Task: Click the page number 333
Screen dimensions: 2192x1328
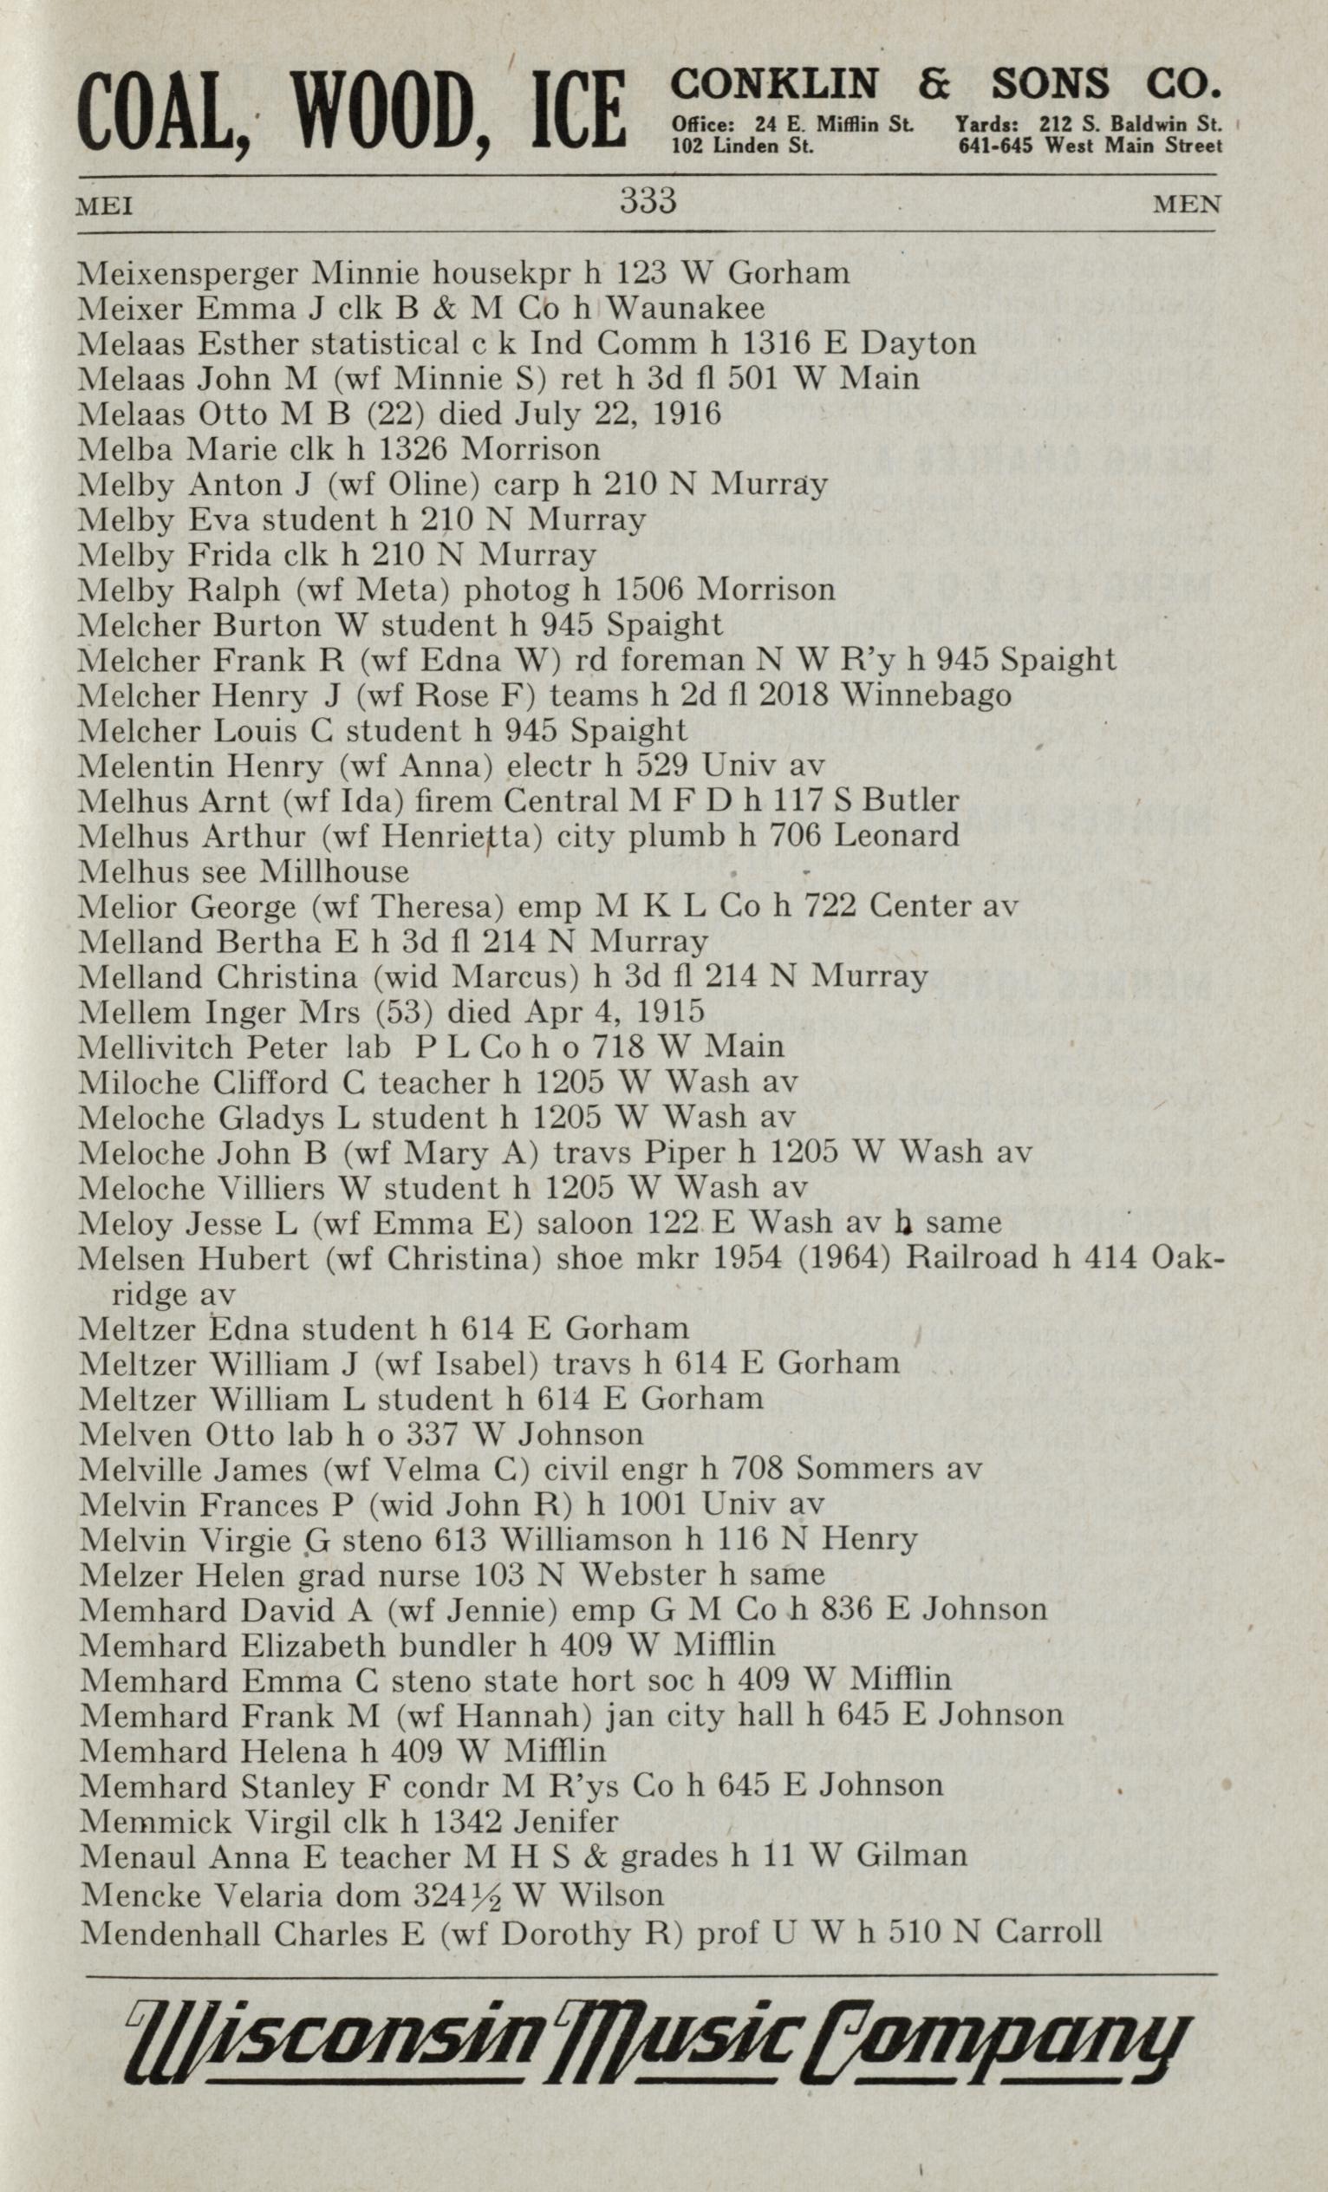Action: tap(648, 201)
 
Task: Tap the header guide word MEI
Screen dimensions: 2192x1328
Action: tap(105, 207)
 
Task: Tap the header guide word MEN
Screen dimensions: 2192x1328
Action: tap(1187, 205)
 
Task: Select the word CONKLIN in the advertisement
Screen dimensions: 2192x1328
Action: tap(775, 85)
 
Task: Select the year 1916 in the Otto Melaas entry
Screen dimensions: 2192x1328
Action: tap(689, 414)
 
